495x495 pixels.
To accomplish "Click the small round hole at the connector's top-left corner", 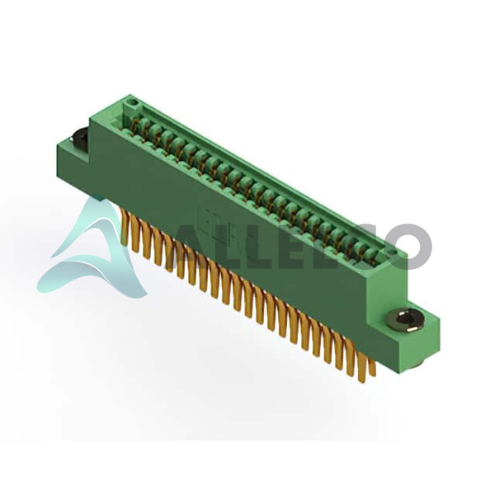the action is pyautogui.click(x=133, y=102).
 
